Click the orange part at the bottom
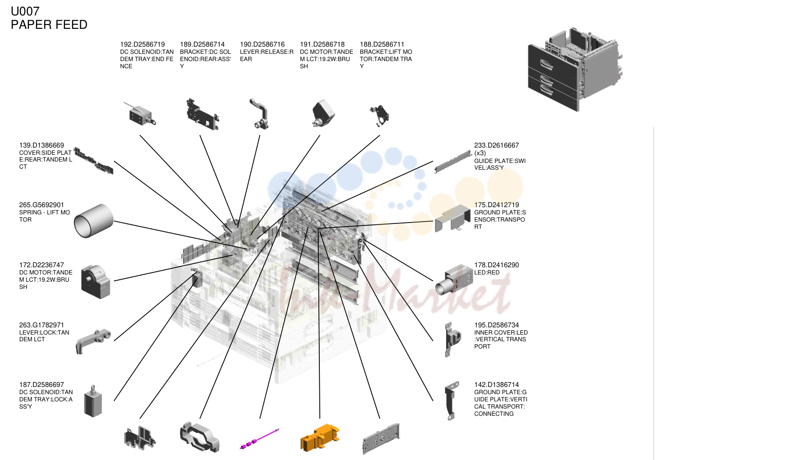[320, 438]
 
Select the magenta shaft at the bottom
[260, 439]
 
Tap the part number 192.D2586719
[142, 44]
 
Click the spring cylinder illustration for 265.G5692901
[93, 221]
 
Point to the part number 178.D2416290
[496, 265]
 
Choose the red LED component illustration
[454, 280]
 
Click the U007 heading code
[25, 12]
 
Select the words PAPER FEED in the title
[49, 25]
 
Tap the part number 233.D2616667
[496, 145]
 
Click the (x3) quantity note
[480, 153]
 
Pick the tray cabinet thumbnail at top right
[575, 69]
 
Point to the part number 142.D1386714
[496, 384]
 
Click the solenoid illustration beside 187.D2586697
[93, 401]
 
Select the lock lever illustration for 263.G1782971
[93, 341]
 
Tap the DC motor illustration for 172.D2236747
[95, 282]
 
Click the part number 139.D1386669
[41, 145]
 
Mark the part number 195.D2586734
[496, 325]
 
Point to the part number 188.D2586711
[382, 44]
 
